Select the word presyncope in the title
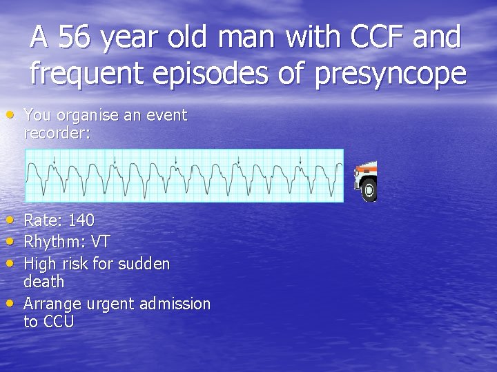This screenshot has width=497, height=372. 390,73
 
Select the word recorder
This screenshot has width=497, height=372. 57,132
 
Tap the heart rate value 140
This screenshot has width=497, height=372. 81,220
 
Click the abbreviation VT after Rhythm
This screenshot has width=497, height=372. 100,242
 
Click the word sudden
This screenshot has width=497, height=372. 144,264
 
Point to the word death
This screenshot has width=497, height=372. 43,282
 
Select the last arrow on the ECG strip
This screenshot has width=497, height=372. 300,161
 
